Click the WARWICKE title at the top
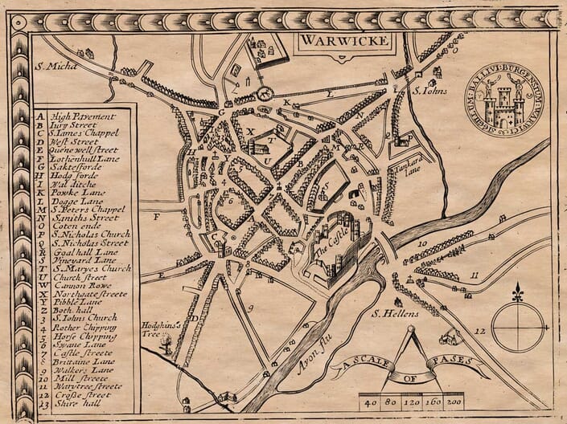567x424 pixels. [335, 40]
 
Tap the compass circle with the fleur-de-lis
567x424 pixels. [519, 324]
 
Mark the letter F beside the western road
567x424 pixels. [158, 216]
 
